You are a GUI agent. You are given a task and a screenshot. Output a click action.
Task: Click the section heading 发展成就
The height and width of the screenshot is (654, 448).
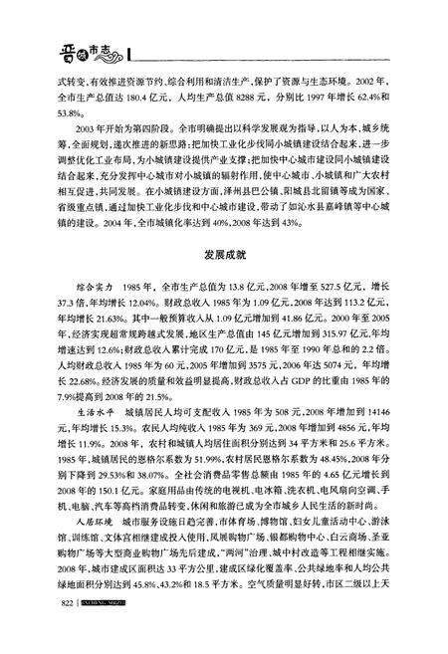point(225,256)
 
